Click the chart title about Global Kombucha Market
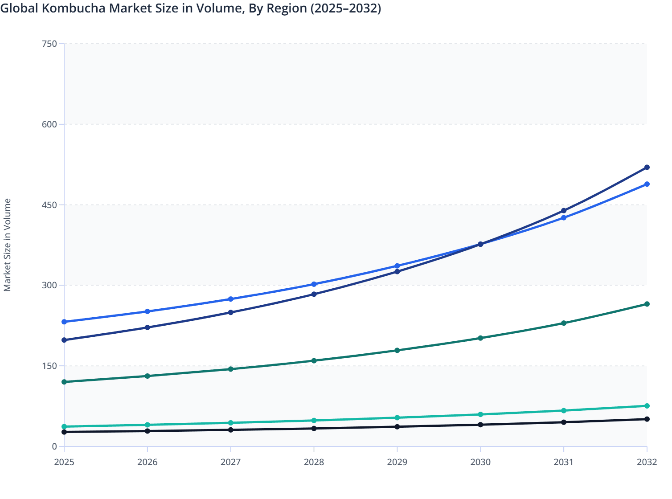[191, 8]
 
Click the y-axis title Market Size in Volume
[8, 245]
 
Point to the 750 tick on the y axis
[49, 44]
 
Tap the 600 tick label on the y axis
[49, 124]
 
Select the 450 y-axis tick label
[49, 205]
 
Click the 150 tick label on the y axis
[49, 366]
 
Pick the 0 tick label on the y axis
[54, 446]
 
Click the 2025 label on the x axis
[64, 462]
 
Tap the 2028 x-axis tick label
[314, 462]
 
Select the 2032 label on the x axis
[647, 462]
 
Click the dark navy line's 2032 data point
[647, 168]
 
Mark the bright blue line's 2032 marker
[647, 184]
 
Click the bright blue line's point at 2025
[64, 322]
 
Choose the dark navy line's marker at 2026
[148, 327]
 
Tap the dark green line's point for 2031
[564, 323]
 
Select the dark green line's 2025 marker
[64, 382]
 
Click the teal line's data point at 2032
[647, 406]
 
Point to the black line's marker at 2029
[397, 427]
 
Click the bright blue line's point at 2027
[231, 299]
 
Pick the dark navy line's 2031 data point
[564, 211]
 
